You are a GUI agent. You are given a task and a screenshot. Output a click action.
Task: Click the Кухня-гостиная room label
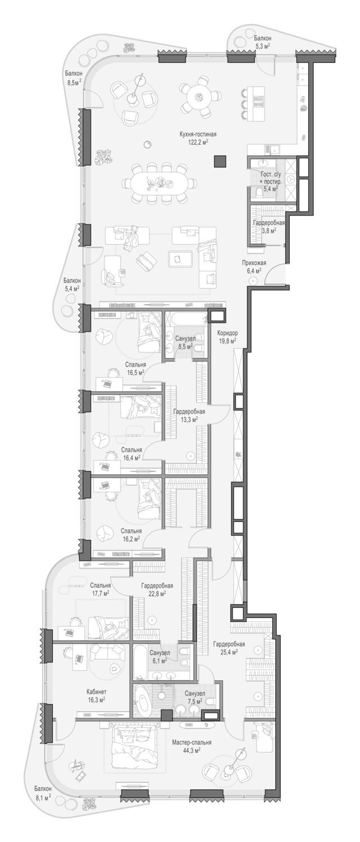tap(198, 134)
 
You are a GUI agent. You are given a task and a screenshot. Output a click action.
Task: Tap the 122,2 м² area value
tap(198, 141)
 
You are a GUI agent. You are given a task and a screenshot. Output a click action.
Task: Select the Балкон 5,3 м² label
tap(262, 42)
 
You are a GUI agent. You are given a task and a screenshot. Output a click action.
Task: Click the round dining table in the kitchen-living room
tap(198, 96)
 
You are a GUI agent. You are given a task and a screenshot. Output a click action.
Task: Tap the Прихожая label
tap(254, 263)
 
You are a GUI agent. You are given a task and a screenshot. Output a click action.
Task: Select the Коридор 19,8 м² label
tap(227, 337)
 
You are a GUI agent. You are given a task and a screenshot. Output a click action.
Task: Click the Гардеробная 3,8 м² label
tap(268, 226)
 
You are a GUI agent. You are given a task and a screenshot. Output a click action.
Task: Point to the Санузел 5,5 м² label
tap(185, 342)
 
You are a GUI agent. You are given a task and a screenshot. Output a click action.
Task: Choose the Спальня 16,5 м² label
tap(135, 368)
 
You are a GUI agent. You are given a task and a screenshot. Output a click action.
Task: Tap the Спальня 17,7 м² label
tap(100, 589)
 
